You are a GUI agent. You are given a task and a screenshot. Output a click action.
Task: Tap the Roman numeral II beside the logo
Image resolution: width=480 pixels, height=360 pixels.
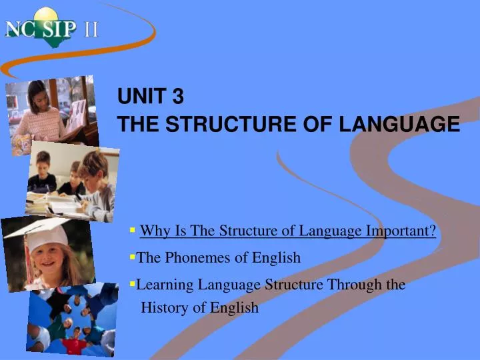tap(91, 30)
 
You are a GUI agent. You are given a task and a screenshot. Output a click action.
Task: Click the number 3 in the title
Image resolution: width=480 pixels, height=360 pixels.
tap(177, 97)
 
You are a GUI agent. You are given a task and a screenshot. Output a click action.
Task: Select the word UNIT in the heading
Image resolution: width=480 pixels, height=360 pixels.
tap(141, 97)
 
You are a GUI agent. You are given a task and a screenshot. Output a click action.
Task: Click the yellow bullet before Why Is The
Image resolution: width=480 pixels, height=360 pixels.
tap(133, 231)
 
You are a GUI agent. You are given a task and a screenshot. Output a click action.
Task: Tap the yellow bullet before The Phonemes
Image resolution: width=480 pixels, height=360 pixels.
tap(133, 257)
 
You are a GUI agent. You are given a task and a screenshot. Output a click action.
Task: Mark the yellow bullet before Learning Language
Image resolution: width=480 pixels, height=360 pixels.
tap(133, 284)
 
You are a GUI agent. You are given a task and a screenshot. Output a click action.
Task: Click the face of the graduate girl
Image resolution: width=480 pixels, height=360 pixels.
tap(50, 257)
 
